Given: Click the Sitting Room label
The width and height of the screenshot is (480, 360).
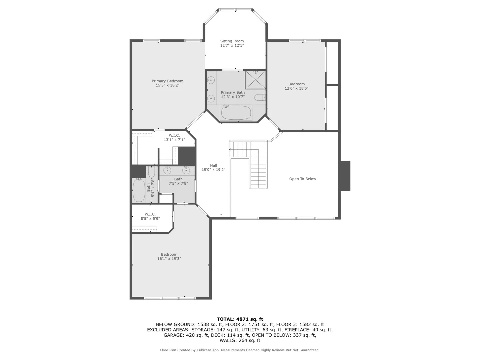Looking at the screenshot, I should point(232,41).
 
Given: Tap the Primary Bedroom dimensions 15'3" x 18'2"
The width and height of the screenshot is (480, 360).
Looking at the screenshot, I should point(167,85).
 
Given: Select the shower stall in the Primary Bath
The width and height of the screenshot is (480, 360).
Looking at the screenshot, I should point(255,80).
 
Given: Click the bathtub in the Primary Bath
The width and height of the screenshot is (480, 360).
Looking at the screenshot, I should point(236,113).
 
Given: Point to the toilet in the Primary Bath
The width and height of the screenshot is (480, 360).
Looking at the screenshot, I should point(259,97).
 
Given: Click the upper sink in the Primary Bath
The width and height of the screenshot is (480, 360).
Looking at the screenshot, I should point(211,80).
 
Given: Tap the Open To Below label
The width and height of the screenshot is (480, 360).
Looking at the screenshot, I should point(302,179).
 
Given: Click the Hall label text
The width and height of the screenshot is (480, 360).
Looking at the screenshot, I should point(213,165).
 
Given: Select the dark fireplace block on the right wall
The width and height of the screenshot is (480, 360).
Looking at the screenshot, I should point(345,176).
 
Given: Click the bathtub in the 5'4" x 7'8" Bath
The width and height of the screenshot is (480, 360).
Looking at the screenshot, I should point(139,191).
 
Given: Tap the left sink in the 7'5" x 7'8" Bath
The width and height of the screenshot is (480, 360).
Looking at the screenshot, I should point(167,171).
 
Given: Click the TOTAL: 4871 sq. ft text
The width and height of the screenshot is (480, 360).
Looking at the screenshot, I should point(240,319).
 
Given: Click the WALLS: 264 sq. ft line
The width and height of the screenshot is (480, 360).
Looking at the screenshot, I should point(240,340).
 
